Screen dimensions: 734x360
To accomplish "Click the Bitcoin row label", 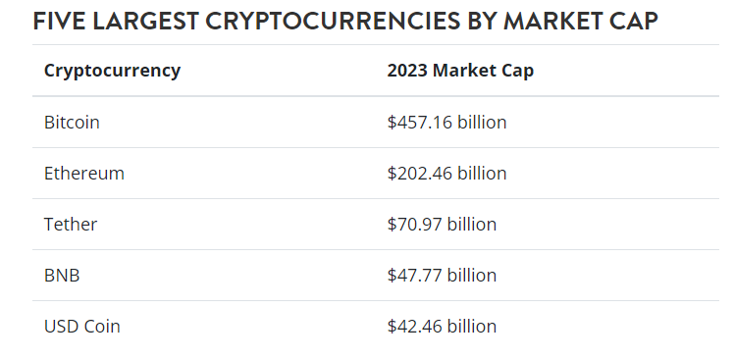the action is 72,123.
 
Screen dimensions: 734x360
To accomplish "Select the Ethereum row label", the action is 84,174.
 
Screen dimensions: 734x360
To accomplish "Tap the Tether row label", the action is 71,225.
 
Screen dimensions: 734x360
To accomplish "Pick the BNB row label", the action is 62,276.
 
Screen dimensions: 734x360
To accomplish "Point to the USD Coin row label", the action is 81,327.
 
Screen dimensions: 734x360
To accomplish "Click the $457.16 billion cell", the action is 446,123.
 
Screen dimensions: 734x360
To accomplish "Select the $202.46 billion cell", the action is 446,174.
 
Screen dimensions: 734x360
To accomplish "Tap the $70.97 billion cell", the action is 442,225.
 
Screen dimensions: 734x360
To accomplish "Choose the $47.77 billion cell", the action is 442,276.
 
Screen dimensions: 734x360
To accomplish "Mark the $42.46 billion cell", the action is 442,327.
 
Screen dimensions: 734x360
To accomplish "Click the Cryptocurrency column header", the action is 112,72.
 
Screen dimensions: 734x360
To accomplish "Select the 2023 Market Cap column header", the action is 460,71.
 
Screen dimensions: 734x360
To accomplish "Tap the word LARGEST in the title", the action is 145,21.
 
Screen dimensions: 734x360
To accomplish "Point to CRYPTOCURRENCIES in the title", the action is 333,21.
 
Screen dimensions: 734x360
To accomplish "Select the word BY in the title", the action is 482,21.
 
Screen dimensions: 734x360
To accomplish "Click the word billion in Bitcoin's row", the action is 482,122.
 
